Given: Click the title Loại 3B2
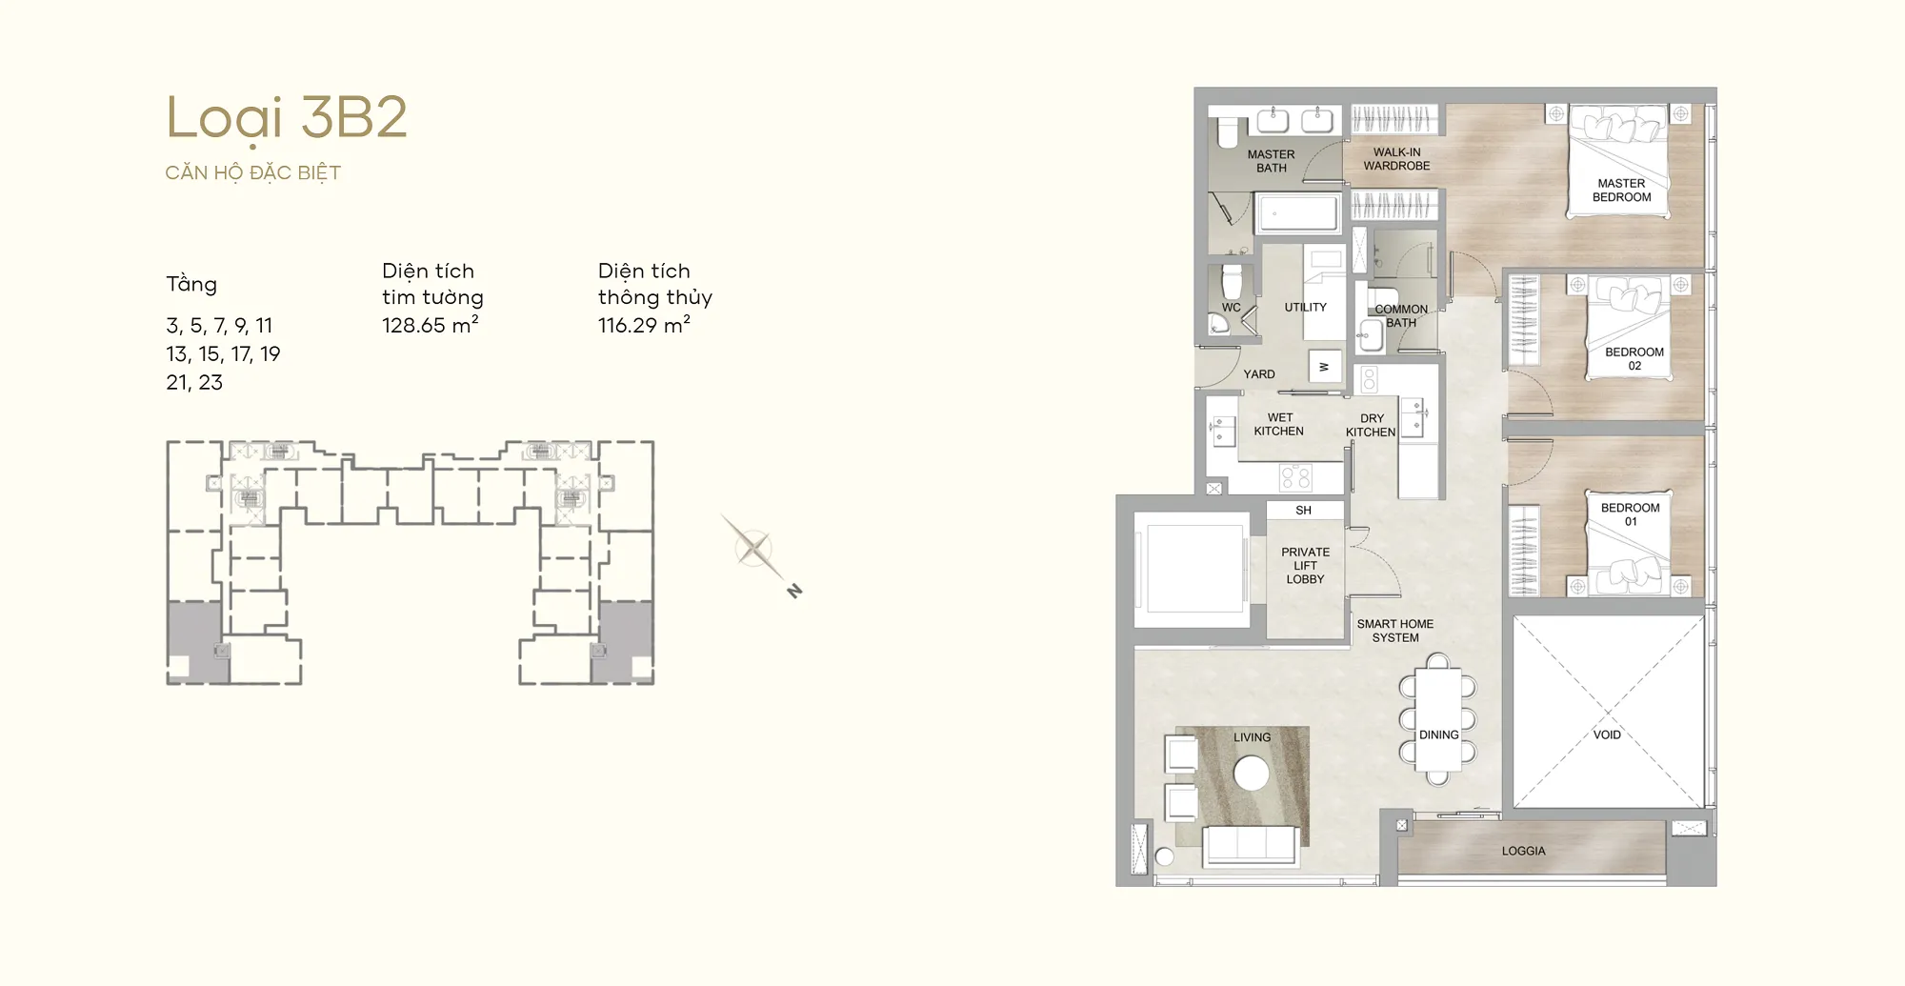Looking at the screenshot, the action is click(x=287, y=119).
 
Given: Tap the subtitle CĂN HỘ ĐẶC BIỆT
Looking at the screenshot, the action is click(x=253, y=172).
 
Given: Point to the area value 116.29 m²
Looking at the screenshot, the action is click(x=644, y=325).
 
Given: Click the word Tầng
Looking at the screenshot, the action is click(x=191, y=284).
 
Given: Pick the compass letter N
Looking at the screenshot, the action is click(x=794, y=592).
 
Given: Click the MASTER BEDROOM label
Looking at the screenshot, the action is click(x=1621, y=191).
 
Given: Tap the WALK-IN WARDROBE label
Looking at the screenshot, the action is click(x=1396, y=159).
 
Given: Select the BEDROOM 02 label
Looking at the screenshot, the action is click(x=1634, y=358).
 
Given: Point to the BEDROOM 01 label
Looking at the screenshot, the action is click(x=1630, y=514).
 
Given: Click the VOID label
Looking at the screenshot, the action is click(x=1607, y=734).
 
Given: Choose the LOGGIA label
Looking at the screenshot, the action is click(x=1523, y=851).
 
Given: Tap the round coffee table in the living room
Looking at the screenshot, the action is click(x=1252, y=773).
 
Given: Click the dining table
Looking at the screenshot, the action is click(x=1438, y=719).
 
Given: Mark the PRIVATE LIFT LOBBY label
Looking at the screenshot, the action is click(x=1305, y=565).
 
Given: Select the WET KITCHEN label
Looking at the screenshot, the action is click(x=1279, y=424).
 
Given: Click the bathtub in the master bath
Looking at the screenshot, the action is click(x=1297, y=212).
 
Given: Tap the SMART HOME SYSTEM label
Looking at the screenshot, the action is click(x=1395, y=631).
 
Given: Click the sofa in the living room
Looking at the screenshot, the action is click(x=1250, y=845).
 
